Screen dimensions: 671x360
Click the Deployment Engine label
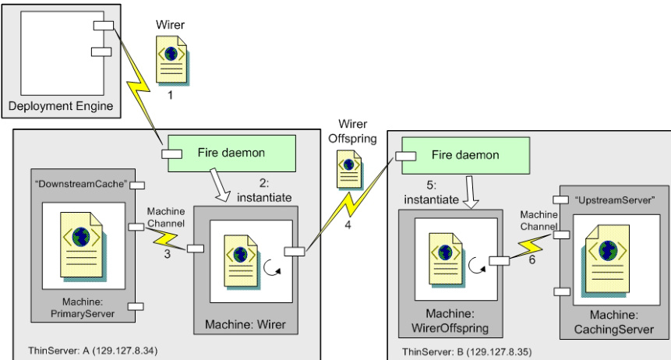point(61,106)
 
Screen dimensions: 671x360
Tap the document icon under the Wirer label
point(172,60)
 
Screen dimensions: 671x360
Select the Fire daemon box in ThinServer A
point(231,154)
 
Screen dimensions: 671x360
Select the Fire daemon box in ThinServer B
point(465,155)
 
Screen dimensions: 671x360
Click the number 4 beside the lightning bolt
point(348,224)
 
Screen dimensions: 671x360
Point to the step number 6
point(532,259)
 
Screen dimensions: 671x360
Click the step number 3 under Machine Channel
point(168,254)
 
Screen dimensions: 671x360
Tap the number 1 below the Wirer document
point(170,95)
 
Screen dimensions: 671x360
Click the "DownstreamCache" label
point(81,184)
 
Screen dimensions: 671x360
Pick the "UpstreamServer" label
point(615,200)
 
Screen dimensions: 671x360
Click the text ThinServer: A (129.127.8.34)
point(93,351)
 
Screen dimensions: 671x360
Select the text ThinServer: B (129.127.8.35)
point(467,352)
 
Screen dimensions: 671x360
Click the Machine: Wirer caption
point(245,324)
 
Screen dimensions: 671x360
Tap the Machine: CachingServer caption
point(613,322)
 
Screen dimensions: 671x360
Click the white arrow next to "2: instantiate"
point(220,185)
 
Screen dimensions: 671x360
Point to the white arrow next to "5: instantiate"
point(471,192)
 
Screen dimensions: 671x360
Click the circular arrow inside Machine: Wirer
point(271,267)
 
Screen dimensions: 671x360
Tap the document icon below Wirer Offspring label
point(350,170)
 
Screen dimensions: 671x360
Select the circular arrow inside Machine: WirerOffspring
point(477,265)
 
